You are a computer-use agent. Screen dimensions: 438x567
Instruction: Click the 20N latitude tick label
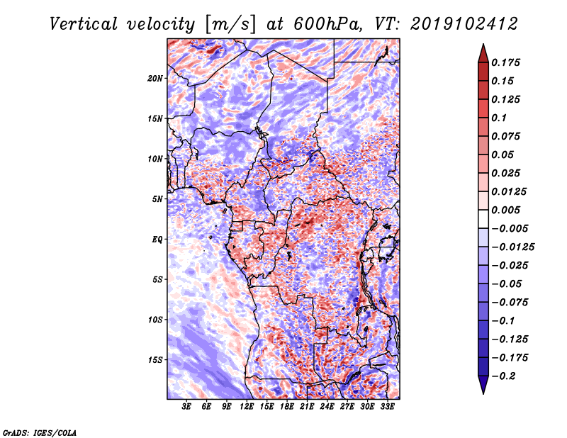[x=155, y=78]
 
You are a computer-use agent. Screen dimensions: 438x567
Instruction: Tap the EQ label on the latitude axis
[x=157, y=240]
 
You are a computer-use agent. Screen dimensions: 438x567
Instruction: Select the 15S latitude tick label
[x=155, y=360]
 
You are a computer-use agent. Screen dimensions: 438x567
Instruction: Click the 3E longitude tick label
[x=187, y=408]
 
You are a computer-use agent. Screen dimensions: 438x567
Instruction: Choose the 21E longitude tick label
[x=307, y=408]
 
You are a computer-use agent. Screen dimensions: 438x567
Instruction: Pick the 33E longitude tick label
[x=387, y=408]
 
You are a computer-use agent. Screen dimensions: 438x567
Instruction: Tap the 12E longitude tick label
[x=247, y=408]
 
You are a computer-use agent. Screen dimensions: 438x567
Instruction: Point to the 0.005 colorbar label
[x=507, y=210]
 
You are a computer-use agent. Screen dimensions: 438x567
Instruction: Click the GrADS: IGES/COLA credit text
[x=39, y=432]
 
